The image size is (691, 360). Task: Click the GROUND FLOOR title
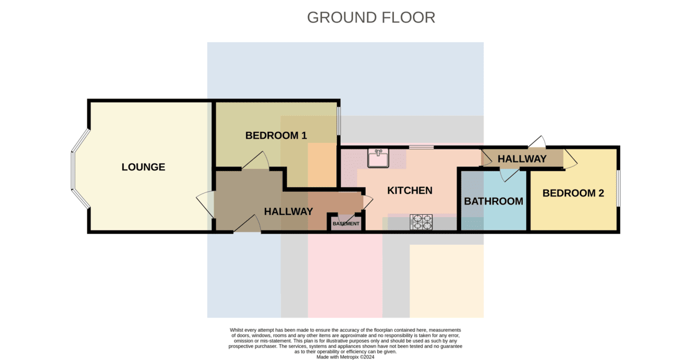tap(371, 18)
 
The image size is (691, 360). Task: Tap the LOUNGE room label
tap(143, 167)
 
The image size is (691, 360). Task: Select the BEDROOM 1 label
tap(276, 135)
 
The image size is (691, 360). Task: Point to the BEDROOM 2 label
tap(573, 193)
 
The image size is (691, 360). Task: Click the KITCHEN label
tap(409, 191)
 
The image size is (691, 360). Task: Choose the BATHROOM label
tap(493, 201)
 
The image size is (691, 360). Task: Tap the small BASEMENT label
tap(346, 223)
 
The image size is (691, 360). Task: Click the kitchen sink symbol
tap(378, 158)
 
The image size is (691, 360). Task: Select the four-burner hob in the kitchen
tap(422, 222)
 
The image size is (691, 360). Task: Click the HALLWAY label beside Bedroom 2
tap(522, 159)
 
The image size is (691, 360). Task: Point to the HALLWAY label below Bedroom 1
tap(288, 211)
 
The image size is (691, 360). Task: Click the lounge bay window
tap(79, 168)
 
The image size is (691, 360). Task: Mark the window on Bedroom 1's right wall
tap(339, 121)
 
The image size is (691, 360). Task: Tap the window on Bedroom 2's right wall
tap(618, 188)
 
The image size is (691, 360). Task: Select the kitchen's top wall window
tap(422, 147)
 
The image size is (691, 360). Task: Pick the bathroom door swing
tap(509, 175)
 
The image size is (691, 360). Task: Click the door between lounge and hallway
tap(205, 204)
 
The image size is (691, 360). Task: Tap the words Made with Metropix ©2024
tap(345, 357)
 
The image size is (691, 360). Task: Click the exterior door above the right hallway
tap(537, 142)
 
